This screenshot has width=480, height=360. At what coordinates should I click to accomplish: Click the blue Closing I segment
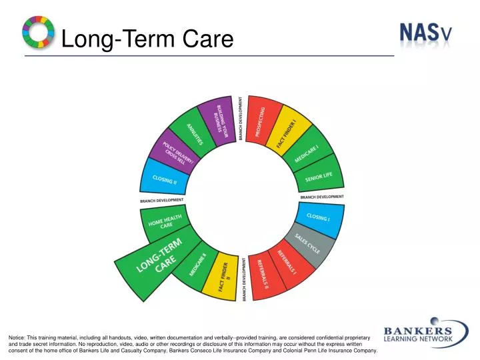[x=318, y=217]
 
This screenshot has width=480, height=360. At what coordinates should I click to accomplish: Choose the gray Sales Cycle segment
[x=307, y=244]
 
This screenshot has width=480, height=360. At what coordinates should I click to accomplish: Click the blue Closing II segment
[x=163, y=179]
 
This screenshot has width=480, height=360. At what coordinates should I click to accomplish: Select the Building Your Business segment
[x=221, y=120]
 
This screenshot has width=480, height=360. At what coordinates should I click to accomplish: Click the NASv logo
[x=425, y=32]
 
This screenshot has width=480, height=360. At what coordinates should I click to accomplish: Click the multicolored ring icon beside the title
[x=39, y=32]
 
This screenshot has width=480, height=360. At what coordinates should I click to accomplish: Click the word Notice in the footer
[x=18, y=339]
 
